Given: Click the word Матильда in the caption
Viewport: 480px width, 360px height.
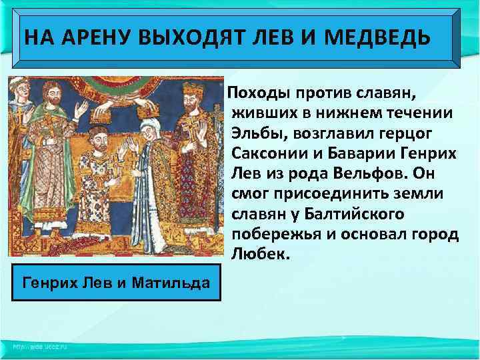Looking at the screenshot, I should pos(167,283).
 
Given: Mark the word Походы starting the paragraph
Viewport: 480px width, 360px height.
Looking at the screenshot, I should pos(257,88).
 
